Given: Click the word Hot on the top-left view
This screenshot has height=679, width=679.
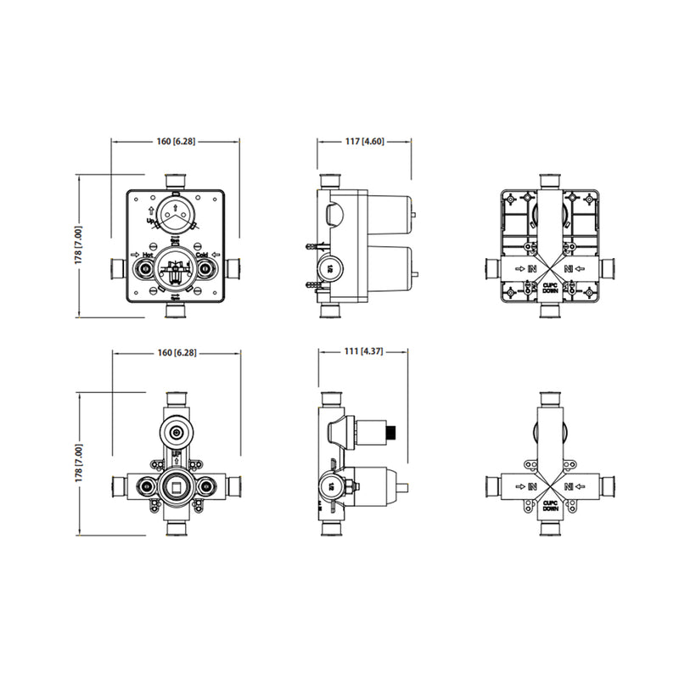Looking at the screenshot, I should pyautogui.click(x=147, y=254).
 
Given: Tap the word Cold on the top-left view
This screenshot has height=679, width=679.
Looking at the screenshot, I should pyautogui.click(x=202, y=254).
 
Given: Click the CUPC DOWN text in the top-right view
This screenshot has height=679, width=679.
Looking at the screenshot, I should pyautogui.click(x=550, y=288).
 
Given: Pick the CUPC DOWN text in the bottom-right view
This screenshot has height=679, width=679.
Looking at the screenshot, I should pyautogui.click(x=550, y=504).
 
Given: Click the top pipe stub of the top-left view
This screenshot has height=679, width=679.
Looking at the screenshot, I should pyautogui.click(x=176, y=182).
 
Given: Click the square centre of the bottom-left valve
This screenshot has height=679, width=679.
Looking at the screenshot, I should pyautogui.click(x=176, y=487).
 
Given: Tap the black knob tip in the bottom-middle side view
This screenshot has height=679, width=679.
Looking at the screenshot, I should pyautogui.click(x=392, y=434).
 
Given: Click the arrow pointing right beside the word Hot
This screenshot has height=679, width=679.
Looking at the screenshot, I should pyautogui.click(x=135, y=254).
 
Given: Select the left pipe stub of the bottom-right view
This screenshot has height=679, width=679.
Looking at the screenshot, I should pyautogui.click(x=495, y=486).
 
